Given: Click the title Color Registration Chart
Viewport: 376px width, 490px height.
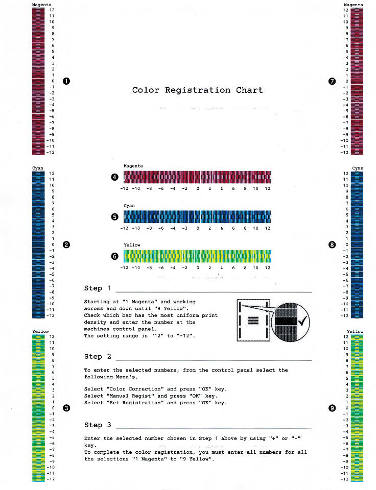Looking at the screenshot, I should click(197, 90).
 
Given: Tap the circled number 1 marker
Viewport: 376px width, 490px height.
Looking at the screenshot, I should click(66, 81).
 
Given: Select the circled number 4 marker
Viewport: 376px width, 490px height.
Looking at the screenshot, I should click(115, 177).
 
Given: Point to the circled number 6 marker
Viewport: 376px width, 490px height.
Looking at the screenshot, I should click(115, 256).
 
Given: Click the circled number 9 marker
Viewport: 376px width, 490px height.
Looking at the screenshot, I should click(332, 408).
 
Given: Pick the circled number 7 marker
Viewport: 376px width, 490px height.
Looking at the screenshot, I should click(332, 81).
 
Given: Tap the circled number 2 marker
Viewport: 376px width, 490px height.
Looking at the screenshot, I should click(66, 244).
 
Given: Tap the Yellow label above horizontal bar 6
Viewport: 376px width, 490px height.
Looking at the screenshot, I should click(132, 245).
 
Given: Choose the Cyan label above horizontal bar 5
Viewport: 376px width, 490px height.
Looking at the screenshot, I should click(129, 206).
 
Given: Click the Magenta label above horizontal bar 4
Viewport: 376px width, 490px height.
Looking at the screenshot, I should click(133, 166).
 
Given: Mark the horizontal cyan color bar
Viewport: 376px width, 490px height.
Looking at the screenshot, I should click(197, 216).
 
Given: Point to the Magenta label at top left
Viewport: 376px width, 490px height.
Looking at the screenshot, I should click(41, 5).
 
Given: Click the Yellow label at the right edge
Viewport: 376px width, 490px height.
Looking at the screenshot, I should click(355, 331).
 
